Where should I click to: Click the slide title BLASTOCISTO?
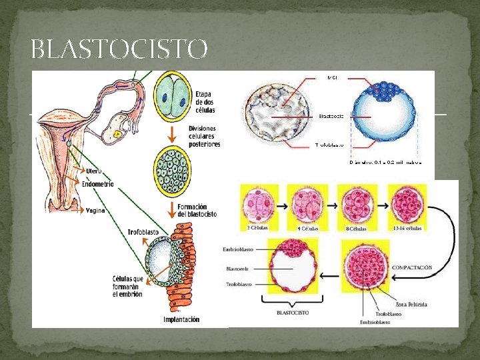click(x=119, y=49)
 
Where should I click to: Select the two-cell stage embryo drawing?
click(x=172, y=97)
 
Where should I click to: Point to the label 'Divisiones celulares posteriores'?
click(x=204, y=135)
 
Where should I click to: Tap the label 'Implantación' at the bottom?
click(x=181, y=320)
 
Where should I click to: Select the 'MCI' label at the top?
click(x=332, y=78)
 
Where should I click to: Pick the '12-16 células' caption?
click(x=407, y=228)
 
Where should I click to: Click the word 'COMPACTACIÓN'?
click(x=412, y=267)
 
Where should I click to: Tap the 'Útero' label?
click(x=93, y=171)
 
